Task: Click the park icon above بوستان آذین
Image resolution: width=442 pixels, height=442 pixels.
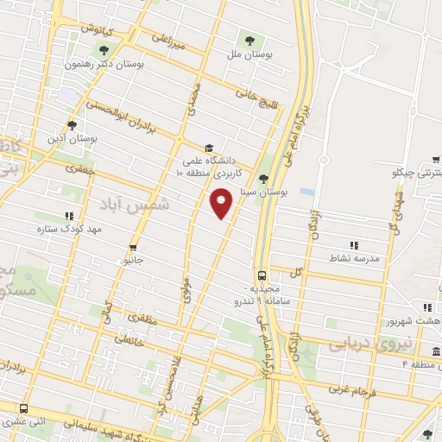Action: [x=72, y=125]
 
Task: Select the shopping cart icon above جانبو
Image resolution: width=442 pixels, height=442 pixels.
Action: [x=133, y=246]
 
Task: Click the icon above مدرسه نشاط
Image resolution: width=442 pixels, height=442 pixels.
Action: [x=352, y=245]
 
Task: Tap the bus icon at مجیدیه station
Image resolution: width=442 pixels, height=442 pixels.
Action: [x=262, y=275]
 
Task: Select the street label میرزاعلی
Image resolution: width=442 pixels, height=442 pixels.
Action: [x=169, y=42]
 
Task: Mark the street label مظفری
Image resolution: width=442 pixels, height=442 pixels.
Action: [x=144, y=319]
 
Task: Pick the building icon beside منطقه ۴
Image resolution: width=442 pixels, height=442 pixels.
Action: [x=437, y=351]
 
